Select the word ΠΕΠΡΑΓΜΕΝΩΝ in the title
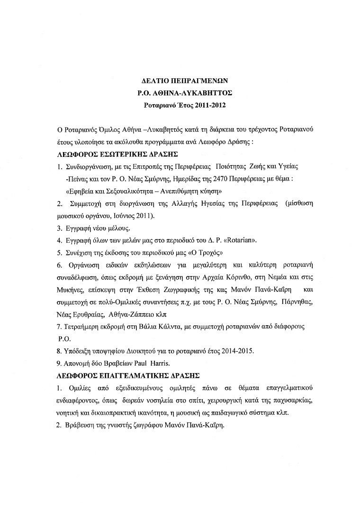(x=195, y=81)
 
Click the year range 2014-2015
(x=238, y=351)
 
